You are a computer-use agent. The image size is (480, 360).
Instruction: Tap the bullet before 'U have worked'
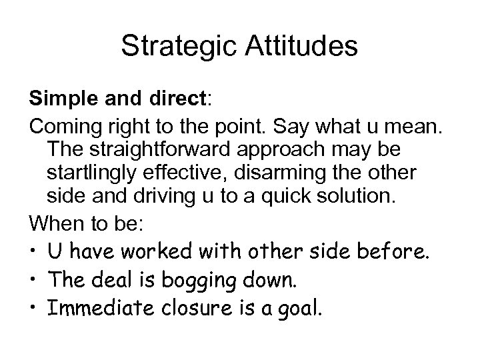[33, 252]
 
